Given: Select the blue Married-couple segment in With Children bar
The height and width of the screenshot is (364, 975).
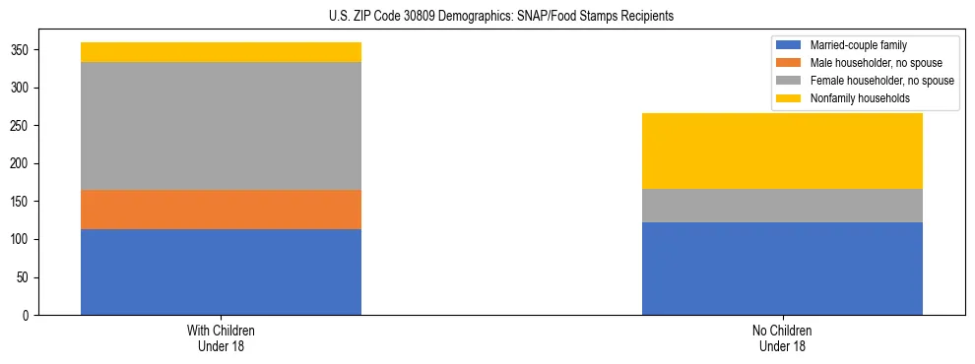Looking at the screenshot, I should point(221,272).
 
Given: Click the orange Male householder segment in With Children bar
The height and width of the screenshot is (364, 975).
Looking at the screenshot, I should point(221,210).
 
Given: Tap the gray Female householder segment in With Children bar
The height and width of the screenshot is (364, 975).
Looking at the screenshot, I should point(221,126).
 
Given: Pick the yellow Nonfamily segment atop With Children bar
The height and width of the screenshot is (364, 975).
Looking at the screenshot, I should point(221,52).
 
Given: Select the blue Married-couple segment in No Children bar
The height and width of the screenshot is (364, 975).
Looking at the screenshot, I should point(782,269).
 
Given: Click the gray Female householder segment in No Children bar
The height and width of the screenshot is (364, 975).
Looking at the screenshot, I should point(782,206).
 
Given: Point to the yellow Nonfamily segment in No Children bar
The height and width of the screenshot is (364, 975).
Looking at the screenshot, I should point(782,151).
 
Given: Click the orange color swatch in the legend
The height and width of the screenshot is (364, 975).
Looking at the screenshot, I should point(790,63).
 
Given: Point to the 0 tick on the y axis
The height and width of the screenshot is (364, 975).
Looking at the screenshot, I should point(30,316).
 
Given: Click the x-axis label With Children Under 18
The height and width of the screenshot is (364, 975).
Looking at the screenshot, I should point(221,338).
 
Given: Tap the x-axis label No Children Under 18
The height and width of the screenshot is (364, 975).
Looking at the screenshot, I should point(782,338).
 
